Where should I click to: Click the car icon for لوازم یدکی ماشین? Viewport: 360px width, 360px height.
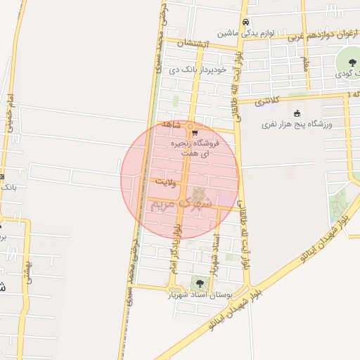(x=244, y=22)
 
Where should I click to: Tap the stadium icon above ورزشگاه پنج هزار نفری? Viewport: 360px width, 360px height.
(x=297, y=113)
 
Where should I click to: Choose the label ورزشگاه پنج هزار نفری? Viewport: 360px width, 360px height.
(x=297, y=124)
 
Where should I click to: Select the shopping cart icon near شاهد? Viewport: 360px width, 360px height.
(x=195, y=132)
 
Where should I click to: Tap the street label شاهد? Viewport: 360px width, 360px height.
(x=172, y=124)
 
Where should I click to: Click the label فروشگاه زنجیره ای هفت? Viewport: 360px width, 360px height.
(x=196, y=147)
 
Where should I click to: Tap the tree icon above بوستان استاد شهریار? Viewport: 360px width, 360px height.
(x=200, y=283)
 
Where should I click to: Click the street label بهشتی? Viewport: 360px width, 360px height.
(x=28, y=268)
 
